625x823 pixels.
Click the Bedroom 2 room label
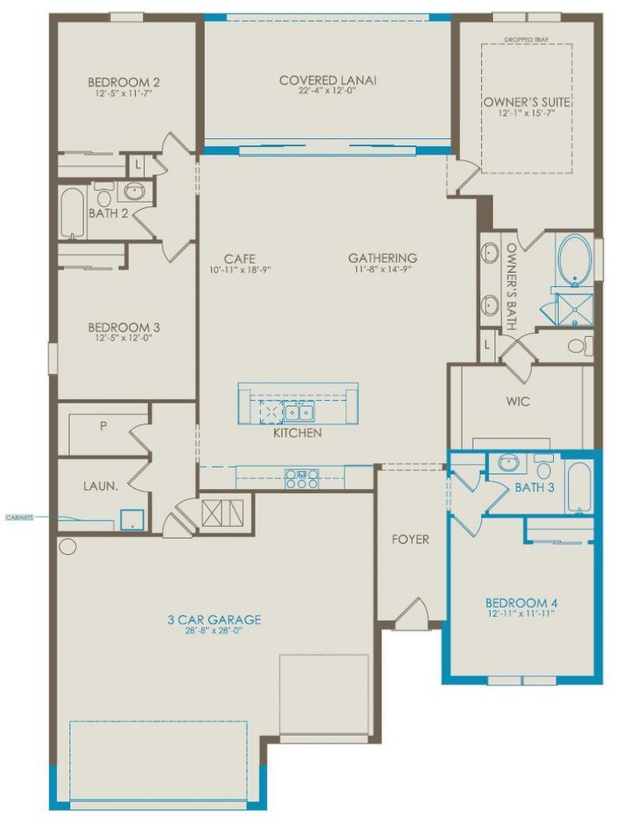pos(123,82)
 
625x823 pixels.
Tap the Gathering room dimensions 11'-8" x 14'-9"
pos(382,270)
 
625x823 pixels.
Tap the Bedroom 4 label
pos(520,603)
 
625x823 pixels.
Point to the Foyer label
pos(410,540)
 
